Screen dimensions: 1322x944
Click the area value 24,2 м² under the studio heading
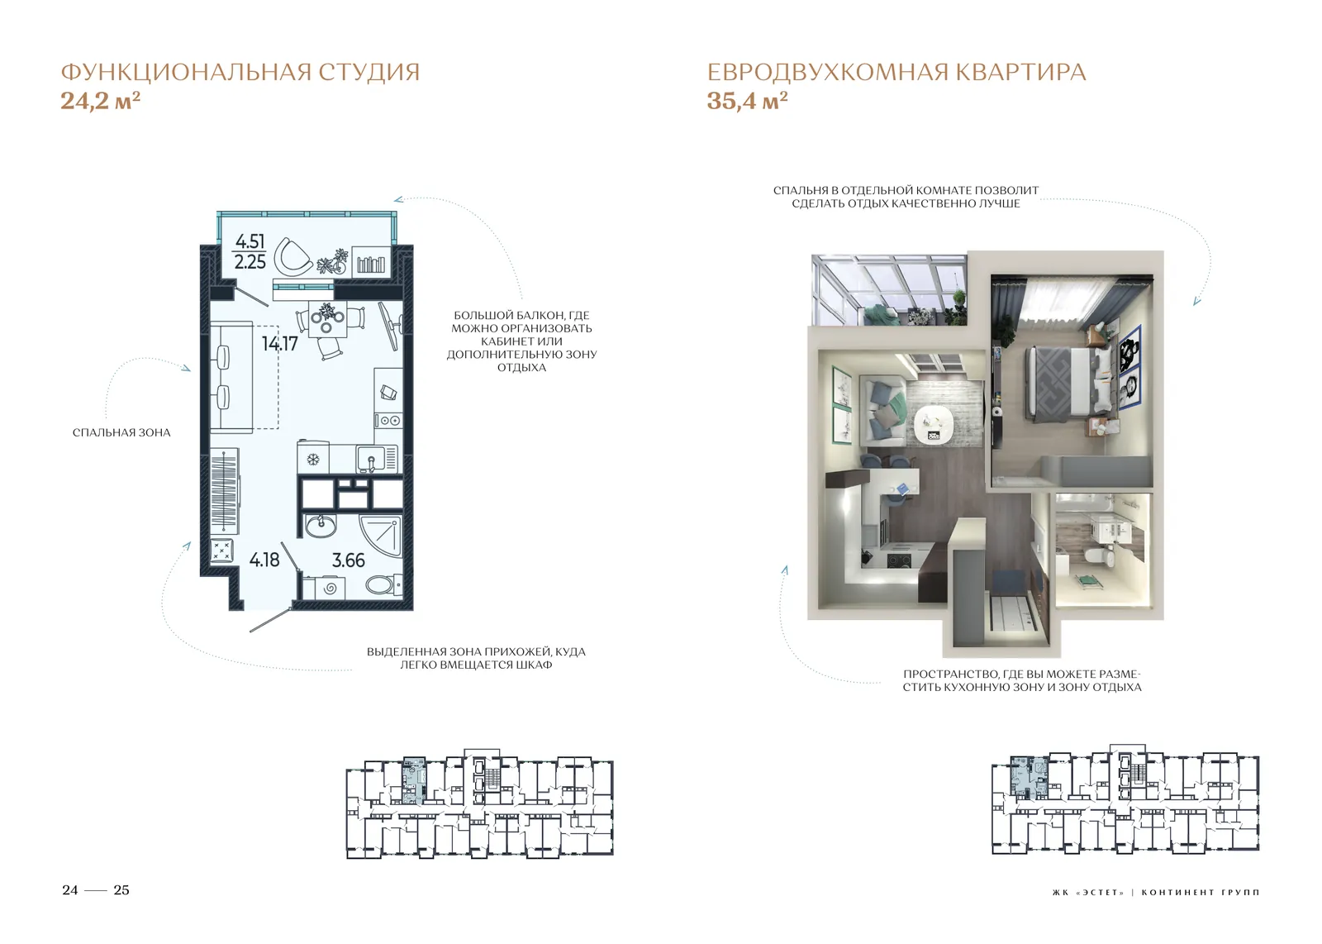click(100, 101)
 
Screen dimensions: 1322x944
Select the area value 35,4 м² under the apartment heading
click(747, 101)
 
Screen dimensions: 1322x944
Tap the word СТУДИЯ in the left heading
click(369, 73)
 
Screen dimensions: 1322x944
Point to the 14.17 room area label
click(280, 344)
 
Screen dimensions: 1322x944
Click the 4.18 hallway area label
click(264, 560)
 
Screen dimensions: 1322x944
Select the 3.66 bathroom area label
click(348, 560)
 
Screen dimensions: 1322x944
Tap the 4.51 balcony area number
click(250, 241)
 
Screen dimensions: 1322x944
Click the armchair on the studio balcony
click(292, 257)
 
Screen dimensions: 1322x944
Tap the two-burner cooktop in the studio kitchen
click(388, 421)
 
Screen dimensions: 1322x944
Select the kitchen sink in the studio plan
click(371, 459)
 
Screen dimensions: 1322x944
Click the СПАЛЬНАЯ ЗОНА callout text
click(121, 433)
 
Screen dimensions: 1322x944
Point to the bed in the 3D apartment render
click(1059, 385)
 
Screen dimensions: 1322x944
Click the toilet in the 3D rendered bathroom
click(1100, 556)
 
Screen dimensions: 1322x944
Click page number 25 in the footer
click(121, 890)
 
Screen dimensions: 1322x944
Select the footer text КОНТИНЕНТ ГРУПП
click(1201, 892)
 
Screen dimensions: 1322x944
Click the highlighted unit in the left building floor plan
click(414, 780)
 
